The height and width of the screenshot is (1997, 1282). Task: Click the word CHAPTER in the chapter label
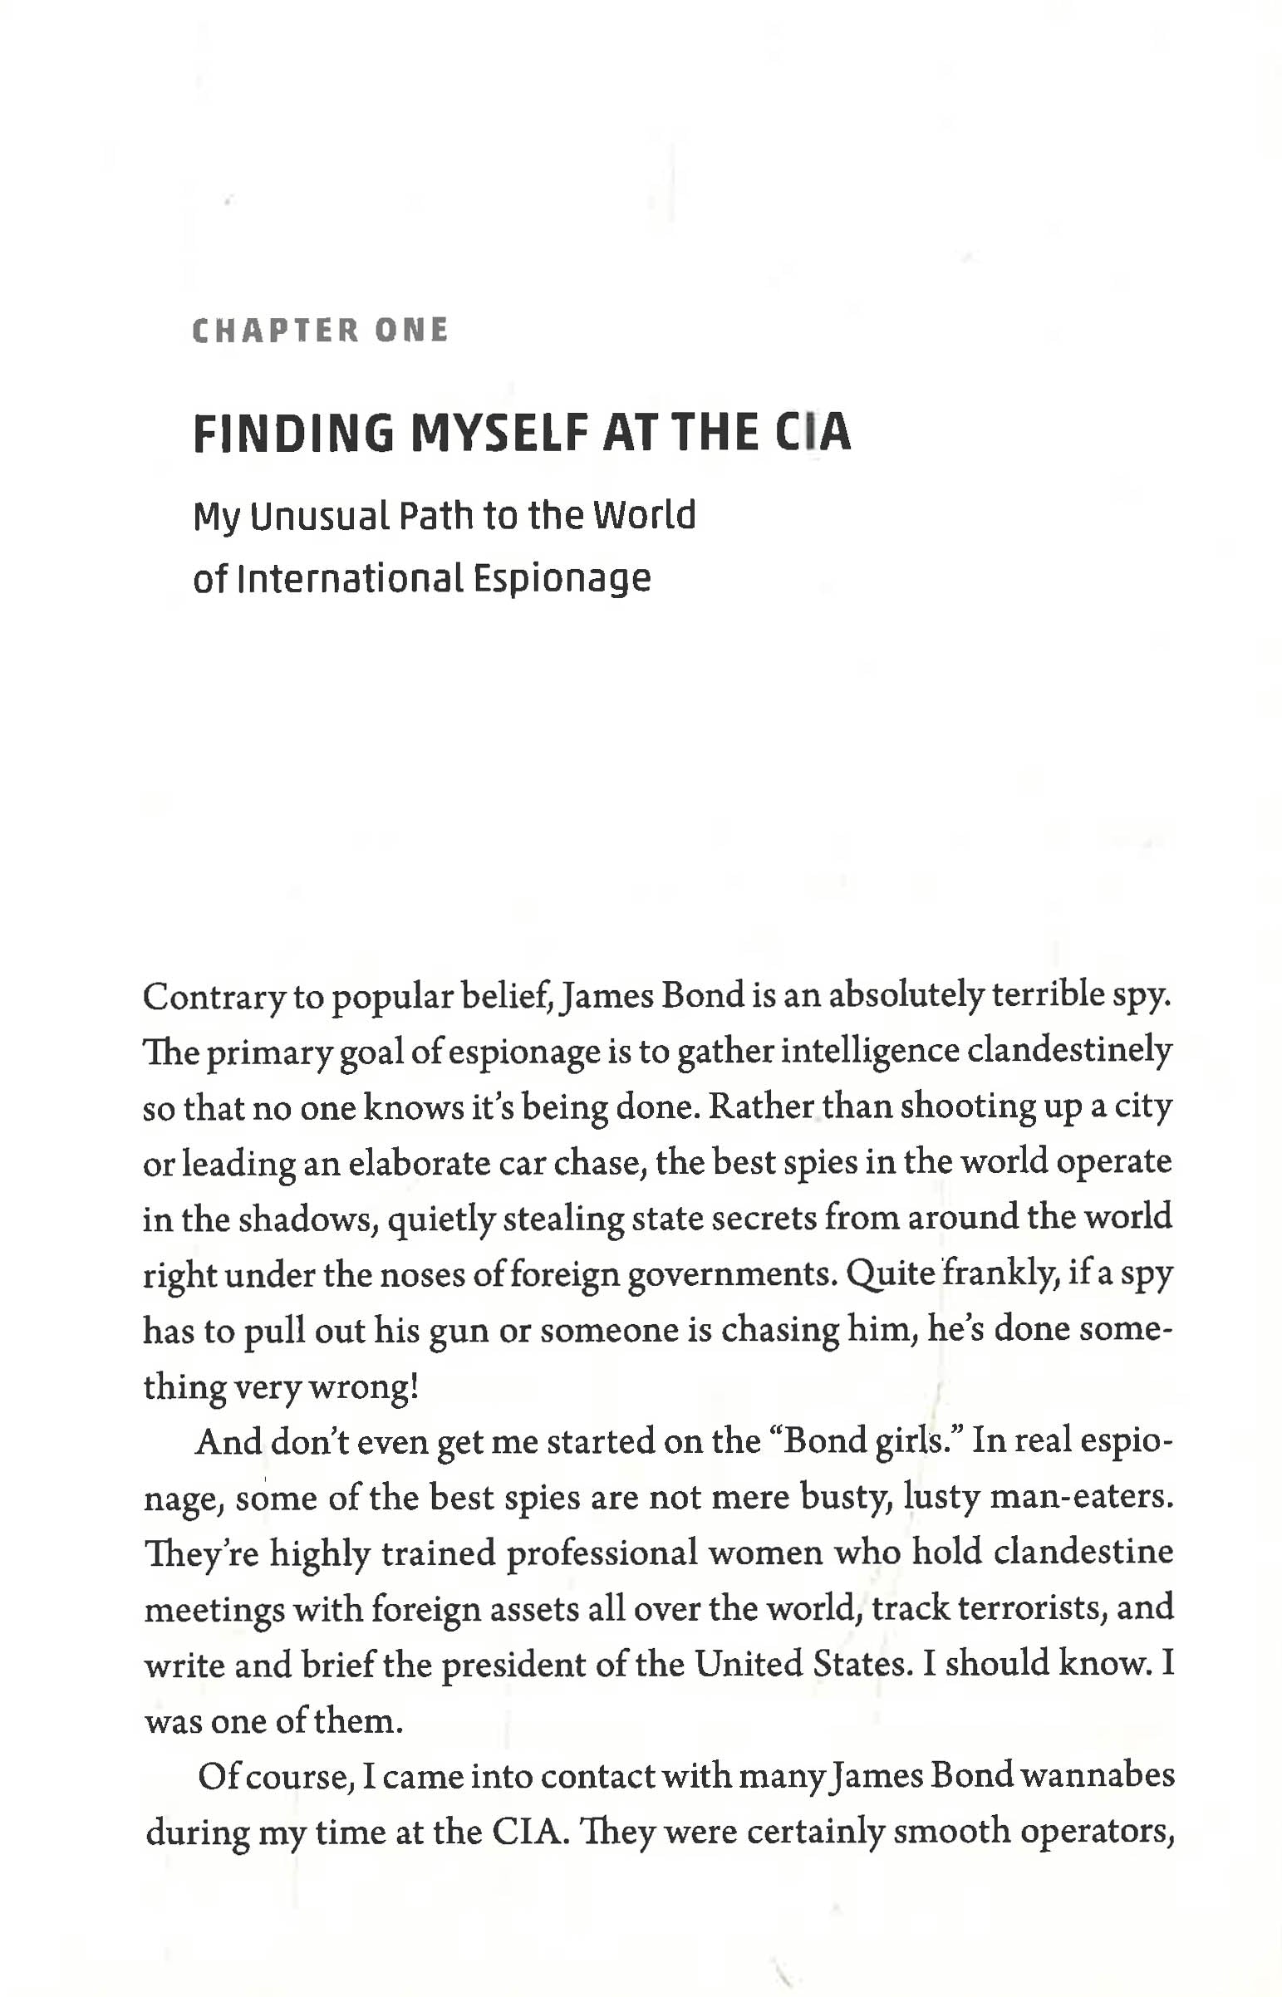[x=275, y=331]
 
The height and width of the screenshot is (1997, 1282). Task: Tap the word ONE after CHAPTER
[x=411, y=331]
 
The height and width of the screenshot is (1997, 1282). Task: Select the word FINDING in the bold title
[x=293, y=434]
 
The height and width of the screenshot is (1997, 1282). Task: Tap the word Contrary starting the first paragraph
[x=212, y=996]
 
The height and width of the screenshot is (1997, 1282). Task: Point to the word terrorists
[x=1032, y=1607]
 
